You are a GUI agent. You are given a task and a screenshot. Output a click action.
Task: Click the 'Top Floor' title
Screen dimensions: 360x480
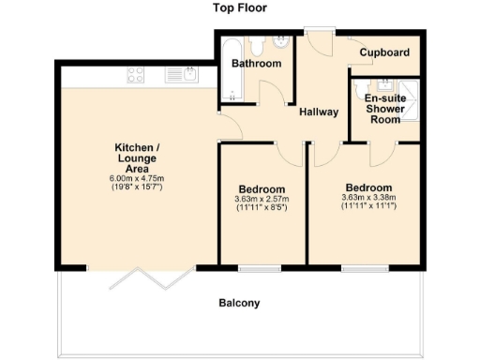pos(239,8)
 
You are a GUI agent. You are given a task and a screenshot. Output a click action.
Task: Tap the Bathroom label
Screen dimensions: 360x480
pos(256,64)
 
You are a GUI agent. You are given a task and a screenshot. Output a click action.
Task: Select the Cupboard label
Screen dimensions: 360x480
pos(385,52)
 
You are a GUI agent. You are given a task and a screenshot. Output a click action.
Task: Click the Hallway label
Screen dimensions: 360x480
pos(319,112)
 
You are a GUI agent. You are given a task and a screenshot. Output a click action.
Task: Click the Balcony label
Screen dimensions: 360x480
pos(239,303)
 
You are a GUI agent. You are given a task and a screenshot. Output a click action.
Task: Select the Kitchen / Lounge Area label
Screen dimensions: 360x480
pos(138,157)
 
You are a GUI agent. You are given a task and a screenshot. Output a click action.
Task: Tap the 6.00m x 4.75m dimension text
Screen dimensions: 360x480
pos(138,178)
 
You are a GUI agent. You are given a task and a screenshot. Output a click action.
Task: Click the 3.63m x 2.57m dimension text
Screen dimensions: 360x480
pos(262,199)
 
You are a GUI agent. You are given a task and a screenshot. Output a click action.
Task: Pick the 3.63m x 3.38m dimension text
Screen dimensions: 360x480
pos(368,197)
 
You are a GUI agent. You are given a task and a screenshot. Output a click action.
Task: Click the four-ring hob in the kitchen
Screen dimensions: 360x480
pos(135,74)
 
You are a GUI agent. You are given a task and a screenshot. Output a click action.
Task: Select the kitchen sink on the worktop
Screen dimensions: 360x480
pos(180,74)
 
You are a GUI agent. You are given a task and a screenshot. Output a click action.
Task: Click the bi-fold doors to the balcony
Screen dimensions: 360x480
pos(155,276)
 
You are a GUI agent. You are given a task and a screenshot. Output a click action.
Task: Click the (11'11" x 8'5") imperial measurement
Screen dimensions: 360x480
pos(262,207)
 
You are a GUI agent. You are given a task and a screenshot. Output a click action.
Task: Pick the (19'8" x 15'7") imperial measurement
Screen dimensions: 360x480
pos(138,187)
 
